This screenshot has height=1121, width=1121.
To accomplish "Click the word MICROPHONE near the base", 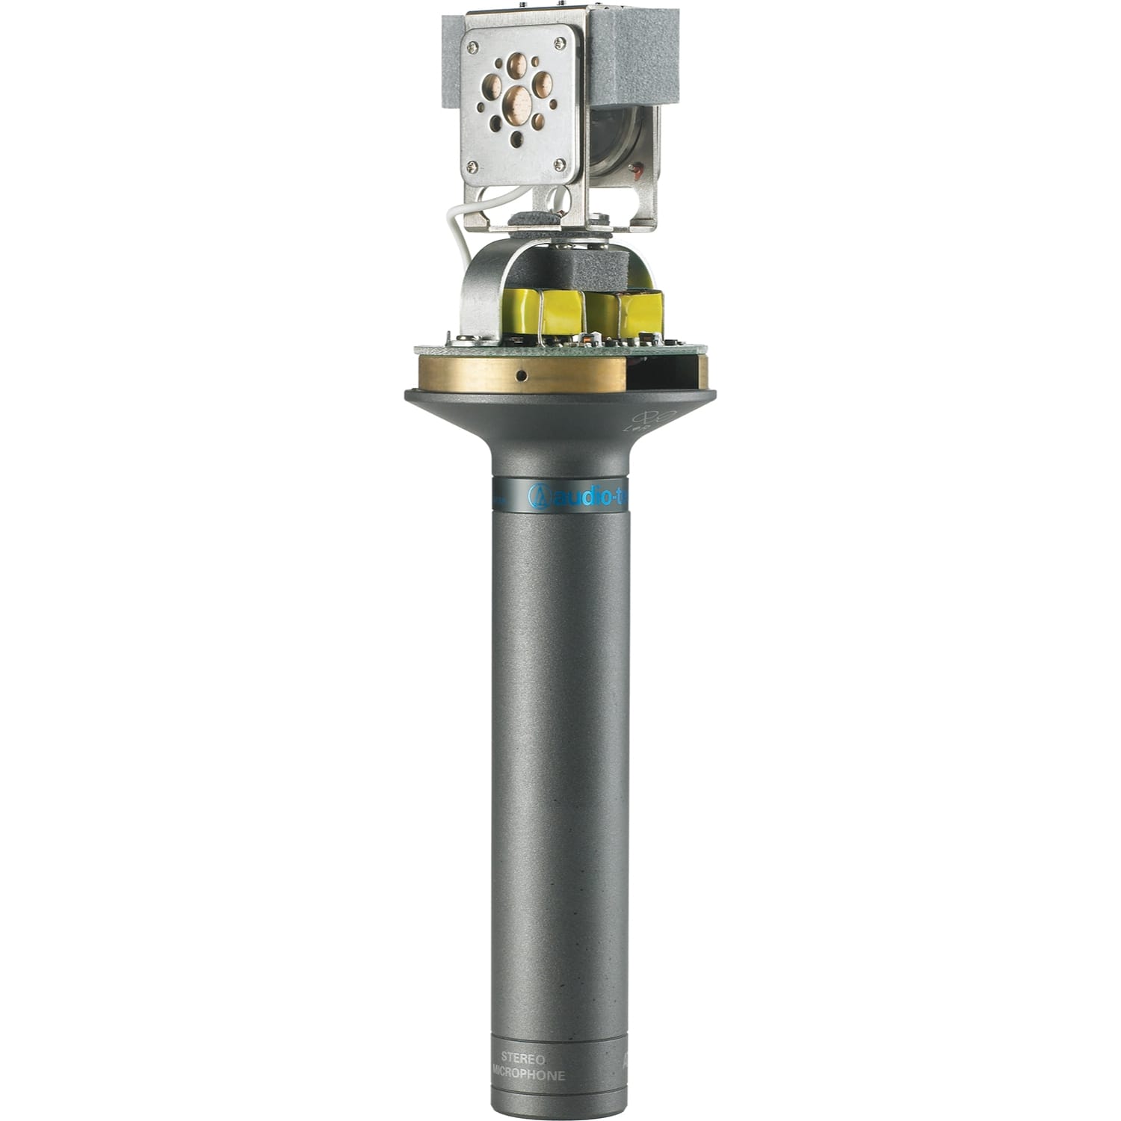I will click(x=528, y=1075).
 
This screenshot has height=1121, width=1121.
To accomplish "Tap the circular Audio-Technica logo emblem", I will click(x=537, y=495).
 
